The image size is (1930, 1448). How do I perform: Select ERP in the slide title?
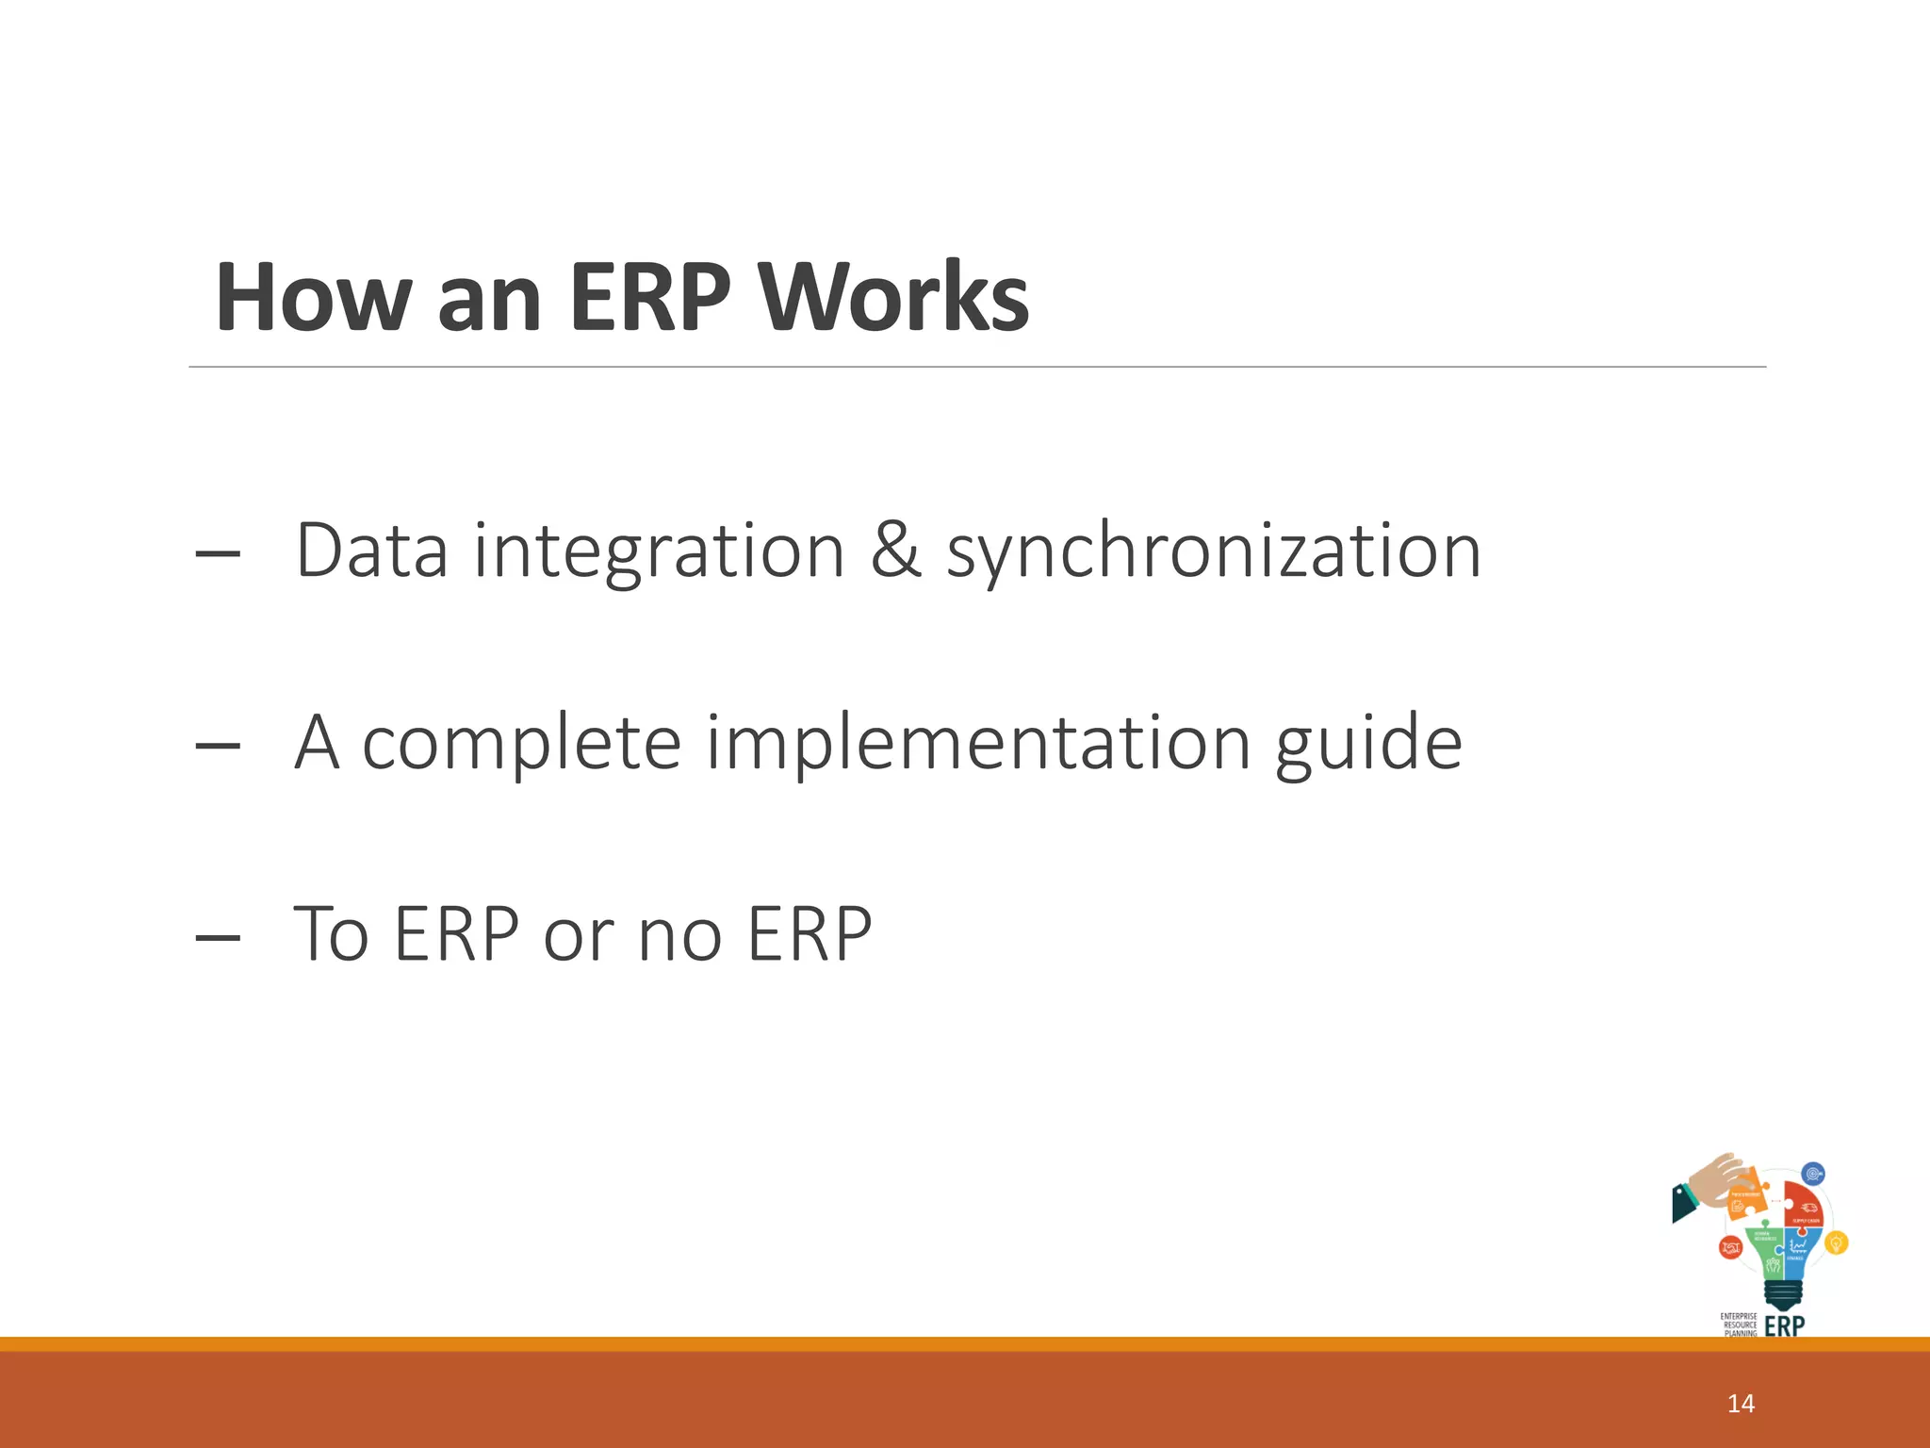point(649,297)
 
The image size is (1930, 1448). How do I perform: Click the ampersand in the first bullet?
point(894,551)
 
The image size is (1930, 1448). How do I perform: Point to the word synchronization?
point(1214,552)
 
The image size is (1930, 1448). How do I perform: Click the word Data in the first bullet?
point(371,551)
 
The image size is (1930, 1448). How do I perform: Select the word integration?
point(659,552)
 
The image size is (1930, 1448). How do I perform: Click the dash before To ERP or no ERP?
point(218,937)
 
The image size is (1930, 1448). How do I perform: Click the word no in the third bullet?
point(679,935)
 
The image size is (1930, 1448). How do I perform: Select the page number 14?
point(1741,1404)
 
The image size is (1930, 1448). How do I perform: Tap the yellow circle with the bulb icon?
point(1836,1243)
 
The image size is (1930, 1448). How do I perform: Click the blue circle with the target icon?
point(1812,1175)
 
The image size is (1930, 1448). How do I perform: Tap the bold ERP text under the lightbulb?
point(1784,1326)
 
